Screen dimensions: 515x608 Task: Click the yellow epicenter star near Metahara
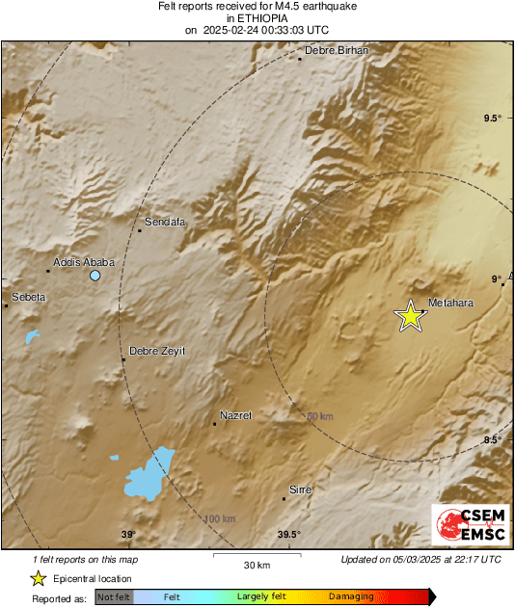point(411,316)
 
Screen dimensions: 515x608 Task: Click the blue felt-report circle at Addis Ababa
point(95,276)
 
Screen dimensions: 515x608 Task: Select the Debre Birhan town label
point(337,50)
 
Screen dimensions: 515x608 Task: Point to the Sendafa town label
point(164,222)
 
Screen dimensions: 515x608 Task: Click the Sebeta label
point(28,297)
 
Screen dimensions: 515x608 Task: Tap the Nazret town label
point(235,415)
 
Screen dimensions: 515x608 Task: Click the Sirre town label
point(301,490)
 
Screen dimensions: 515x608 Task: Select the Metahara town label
point(450,303)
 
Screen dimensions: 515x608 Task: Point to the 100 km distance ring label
point(219,519)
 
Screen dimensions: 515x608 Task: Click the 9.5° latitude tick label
point(493,119)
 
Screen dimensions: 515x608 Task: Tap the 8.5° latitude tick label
point(493,440)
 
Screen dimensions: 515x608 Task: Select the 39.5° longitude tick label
point(289,535)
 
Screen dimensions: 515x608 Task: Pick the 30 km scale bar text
point(256,564)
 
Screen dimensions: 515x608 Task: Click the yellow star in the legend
point(38,578)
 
